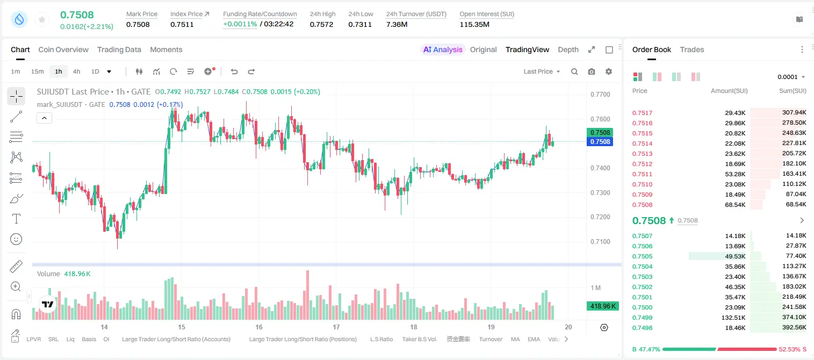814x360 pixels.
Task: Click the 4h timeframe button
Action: coord(76,71)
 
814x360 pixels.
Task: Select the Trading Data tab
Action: coord(119,50)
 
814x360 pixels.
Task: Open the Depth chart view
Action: coord(568,50)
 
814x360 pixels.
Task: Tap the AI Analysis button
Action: coord(443,50)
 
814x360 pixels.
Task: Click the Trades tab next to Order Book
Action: coord(692,50)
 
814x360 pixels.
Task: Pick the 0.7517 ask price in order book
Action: coord(642,113)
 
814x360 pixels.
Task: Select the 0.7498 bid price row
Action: coord(642,328)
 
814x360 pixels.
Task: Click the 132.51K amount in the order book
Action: coord(733,318)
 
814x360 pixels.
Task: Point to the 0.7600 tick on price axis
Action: coord(600,119)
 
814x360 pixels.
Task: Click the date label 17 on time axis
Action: coord(336,327)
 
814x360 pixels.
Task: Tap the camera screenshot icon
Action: coord(592,71)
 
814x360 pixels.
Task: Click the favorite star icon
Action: coord(42,19)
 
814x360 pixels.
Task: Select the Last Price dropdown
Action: coord(542,71)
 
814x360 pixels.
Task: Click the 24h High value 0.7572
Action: coord(321,24)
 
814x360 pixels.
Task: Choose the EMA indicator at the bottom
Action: coord(534,339)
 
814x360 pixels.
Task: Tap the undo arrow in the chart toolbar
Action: coord(234,71)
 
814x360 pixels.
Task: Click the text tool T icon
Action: coord(16,219)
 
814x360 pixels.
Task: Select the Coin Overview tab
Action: coord(63,50)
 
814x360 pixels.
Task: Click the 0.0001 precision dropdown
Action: coord(791,77)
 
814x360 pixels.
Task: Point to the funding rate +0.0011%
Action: coord(240,24)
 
